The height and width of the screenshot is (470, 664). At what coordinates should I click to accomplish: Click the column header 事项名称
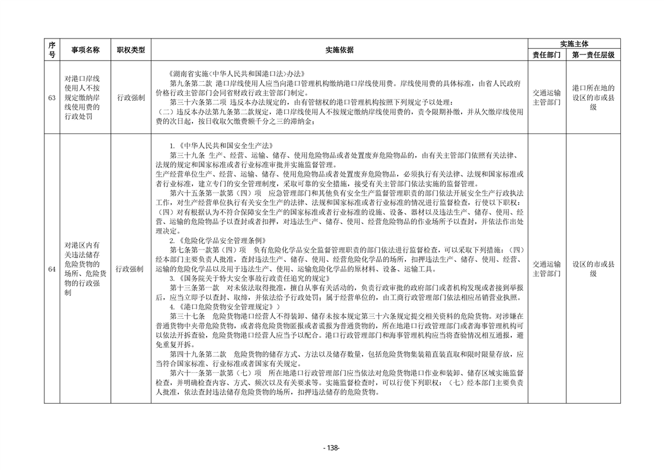(x=85, y=50)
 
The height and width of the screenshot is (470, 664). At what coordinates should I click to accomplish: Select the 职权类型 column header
(x=130, y=50)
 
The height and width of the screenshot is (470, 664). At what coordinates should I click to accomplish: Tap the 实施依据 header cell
(x=339, y=50)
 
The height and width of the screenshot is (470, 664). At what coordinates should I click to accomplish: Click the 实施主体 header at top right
(x=573, y=44)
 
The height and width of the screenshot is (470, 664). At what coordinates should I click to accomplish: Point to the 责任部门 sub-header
(x=547, y=55)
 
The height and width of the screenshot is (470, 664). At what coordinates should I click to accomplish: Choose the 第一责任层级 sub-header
(x=592, y=55)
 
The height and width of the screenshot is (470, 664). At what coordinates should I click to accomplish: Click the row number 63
(x=51, y=98)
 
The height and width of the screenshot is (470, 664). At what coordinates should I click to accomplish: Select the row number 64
(x=51, y=269)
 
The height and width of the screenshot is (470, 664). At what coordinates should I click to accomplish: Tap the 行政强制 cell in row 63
(x=130, y=98)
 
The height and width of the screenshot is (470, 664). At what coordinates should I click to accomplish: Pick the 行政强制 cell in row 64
(x=130, y=269)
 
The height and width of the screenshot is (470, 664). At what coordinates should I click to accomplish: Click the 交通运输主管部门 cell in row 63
(x=547, y=98)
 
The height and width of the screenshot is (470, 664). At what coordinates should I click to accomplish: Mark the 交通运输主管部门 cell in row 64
(x=547, y=269)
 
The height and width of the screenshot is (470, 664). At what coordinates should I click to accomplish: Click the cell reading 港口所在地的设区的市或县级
(x=592, y=98)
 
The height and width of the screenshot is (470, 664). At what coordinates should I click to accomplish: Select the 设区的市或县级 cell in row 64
(x=592, y=269)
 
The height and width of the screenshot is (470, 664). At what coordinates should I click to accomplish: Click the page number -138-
(x=331, y=448)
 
